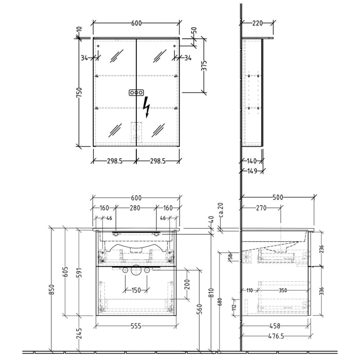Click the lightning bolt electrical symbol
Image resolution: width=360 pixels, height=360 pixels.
coord(147,108)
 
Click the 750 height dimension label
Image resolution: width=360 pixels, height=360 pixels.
coord(80,92)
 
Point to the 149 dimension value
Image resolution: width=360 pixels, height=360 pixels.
coord(251,171)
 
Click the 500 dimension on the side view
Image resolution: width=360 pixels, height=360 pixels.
coord(278,196)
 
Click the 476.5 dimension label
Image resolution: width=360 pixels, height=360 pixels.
coord(276,336)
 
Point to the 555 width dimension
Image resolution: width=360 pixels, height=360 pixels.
coord(136,327)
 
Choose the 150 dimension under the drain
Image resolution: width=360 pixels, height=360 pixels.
coord(135,291)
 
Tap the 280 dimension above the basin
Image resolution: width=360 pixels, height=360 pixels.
coord(135,208)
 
